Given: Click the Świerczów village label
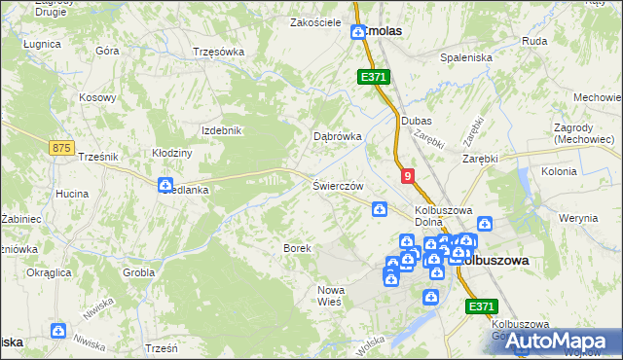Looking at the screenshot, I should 338,185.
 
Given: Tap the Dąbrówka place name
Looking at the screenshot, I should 338,137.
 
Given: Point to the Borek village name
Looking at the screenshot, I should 297,248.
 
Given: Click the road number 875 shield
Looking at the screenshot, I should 60,147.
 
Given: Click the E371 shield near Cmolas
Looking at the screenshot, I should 374,76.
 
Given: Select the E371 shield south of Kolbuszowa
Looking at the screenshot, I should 479,306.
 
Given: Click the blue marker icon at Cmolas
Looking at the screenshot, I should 357,33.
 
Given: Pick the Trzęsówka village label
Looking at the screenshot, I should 218,53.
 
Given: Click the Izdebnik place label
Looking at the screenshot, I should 220,130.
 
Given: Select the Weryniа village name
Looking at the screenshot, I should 579,218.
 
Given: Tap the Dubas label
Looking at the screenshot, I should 416,121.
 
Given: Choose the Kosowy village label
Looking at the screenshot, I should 98,98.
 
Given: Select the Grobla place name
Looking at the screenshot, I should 139,272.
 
